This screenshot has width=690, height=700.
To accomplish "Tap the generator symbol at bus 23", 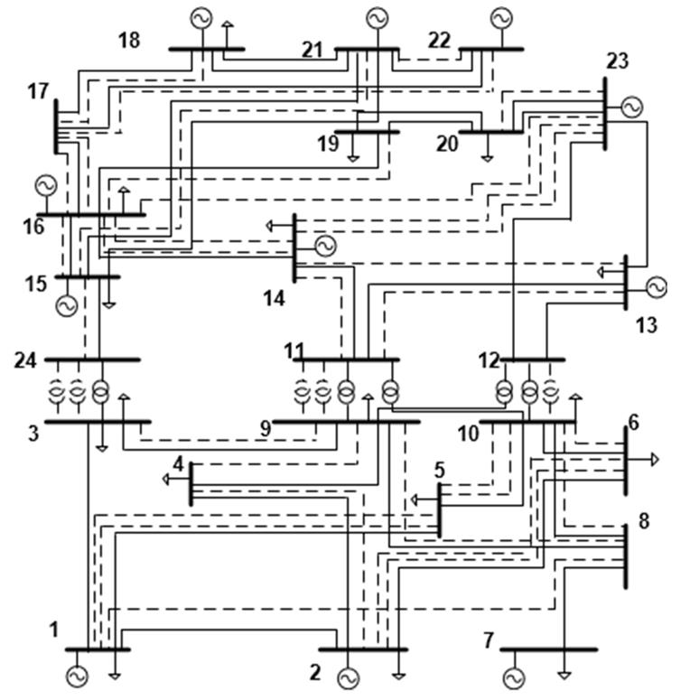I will [631, 107].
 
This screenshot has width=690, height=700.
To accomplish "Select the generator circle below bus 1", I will [75, 676].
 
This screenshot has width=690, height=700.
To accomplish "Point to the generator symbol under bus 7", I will [514, 677].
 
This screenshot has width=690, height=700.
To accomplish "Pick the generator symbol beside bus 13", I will [656, 287].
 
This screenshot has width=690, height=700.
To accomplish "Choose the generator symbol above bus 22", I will [499, 17].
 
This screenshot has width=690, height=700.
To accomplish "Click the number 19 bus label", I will [328, 144].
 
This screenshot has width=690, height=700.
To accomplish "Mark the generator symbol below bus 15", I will [65, 305].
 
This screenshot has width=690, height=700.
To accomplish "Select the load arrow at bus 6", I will [654, 460].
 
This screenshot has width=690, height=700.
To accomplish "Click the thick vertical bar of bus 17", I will [56, 126].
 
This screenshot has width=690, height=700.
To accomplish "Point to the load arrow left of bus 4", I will [167, 479].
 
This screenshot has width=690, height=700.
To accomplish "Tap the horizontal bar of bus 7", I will [548, 649].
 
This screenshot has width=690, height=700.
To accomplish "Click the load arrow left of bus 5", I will [415, 499].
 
